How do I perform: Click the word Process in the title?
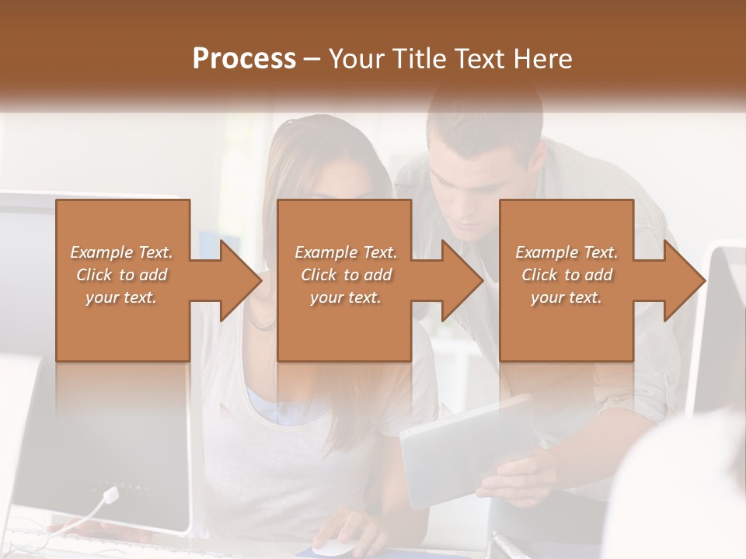point(244,59)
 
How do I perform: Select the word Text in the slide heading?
point(481,59)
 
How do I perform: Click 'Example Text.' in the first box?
point(121,252)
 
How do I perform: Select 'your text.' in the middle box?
point(345,297)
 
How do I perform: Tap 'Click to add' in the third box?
point(566,275)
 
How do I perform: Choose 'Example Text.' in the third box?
point(566,252)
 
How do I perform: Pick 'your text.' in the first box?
point(121,297)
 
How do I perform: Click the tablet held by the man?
point(458,446)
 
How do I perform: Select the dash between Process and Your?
point(312,60)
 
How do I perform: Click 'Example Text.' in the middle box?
point(345,252)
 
